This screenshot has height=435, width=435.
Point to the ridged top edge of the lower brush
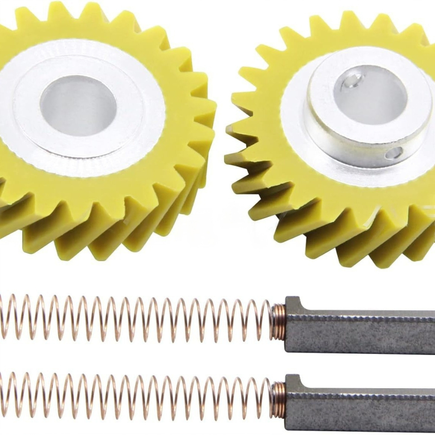click(370, 390)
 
